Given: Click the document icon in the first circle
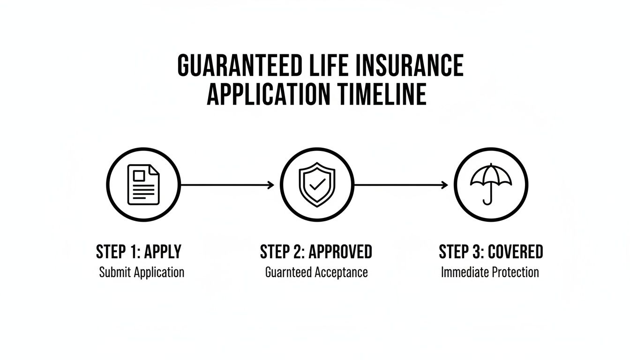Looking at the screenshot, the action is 143,184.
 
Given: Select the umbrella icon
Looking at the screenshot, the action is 491,183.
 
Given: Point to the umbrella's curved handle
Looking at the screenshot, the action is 488,201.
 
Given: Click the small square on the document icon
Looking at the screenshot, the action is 139,176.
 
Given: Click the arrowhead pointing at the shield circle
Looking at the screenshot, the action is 271,185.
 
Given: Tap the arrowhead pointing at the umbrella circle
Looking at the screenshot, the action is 445,185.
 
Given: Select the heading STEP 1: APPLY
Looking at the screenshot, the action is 139,252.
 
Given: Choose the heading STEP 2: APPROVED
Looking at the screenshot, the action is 316,252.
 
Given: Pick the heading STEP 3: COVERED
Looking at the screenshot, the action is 491,252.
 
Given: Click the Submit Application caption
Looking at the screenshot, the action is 142,272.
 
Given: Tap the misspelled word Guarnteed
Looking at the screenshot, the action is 288,272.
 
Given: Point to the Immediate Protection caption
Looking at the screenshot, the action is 490,272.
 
